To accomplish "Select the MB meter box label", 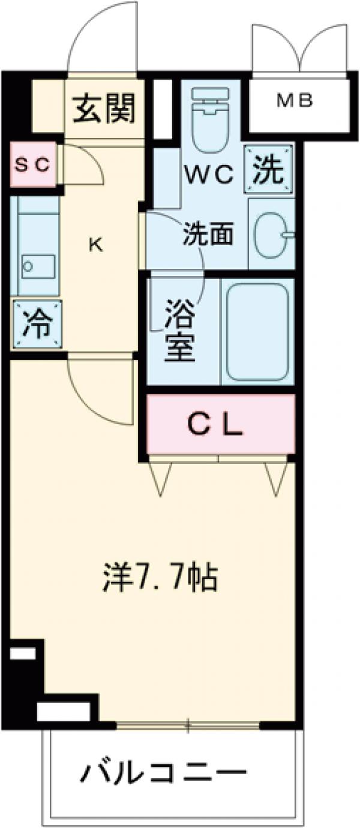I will (295, 101).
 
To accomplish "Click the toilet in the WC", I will (209, 120).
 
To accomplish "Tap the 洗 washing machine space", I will (268, 170).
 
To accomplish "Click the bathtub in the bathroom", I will (257, 331).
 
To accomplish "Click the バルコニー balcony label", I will (163, 771).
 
